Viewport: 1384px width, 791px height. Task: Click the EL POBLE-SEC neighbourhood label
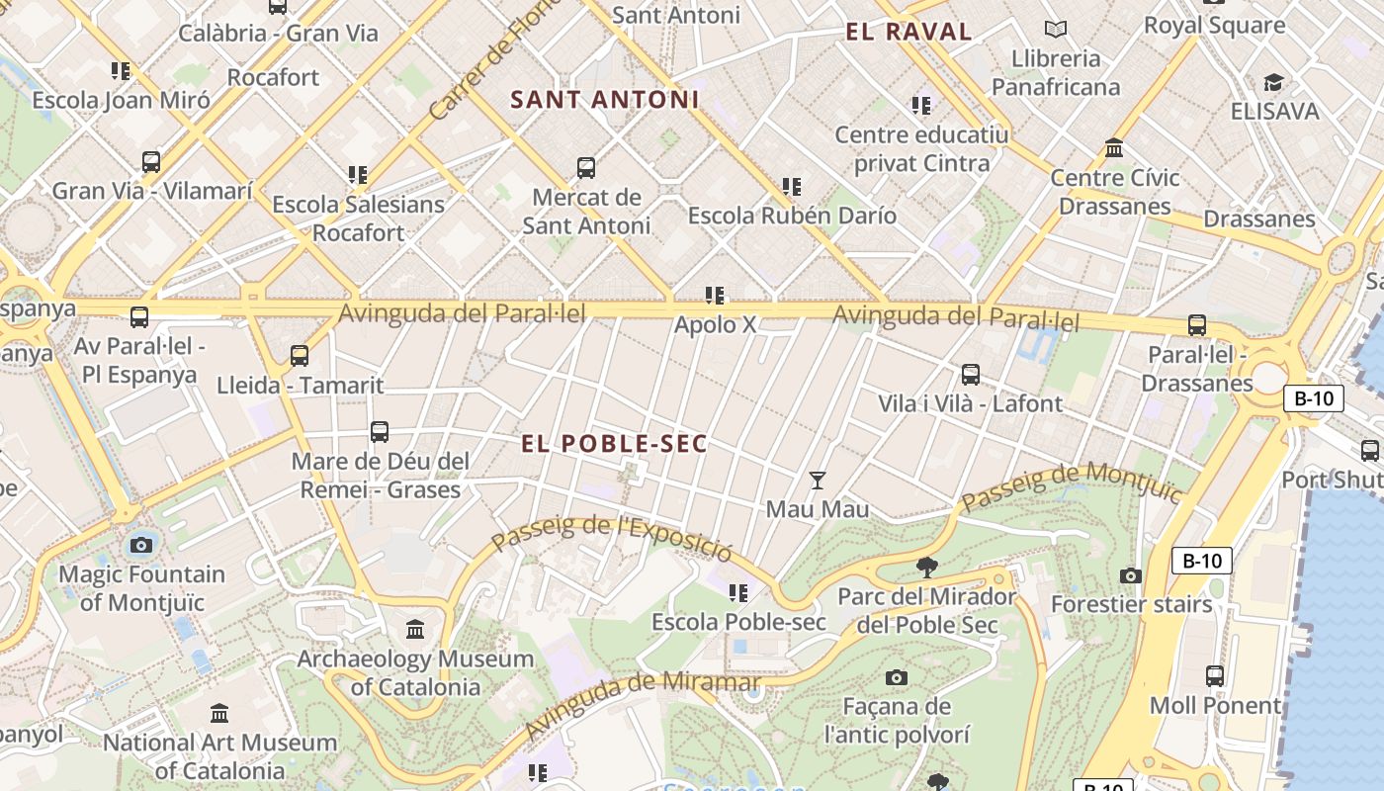[614, 444]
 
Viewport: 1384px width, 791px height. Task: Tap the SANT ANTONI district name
[604, 100]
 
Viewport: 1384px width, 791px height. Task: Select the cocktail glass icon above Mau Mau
[817, 481]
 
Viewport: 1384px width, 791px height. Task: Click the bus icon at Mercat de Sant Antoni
[586, 168]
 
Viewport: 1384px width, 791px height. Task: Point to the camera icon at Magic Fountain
[141, 545]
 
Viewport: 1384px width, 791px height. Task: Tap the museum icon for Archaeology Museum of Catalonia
[415, 629]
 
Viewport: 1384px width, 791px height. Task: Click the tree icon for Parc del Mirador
[926, 567]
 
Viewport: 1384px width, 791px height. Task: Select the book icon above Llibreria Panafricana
[1056, 30]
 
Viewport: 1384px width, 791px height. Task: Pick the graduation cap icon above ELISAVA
[1274, 82]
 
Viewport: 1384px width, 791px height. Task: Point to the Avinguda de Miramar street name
[643, 703]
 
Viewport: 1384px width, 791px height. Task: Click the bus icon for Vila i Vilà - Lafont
[971, 375]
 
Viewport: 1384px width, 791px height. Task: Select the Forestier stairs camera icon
[1131, 575]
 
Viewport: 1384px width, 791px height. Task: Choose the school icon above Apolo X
[715, 296]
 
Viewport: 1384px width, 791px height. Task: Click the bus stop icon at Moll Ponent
[1215, 676]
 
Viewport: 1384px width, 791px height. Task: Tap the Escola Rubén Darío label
[792, 216]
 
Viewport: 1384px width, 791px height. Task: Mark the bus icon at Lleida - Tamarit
[300, 356]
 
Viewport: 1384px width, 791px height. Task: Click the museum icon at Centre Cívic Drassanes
[1114, 149]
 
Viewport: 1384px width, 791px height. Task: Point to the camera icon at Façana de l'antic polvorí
[896, 677]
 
